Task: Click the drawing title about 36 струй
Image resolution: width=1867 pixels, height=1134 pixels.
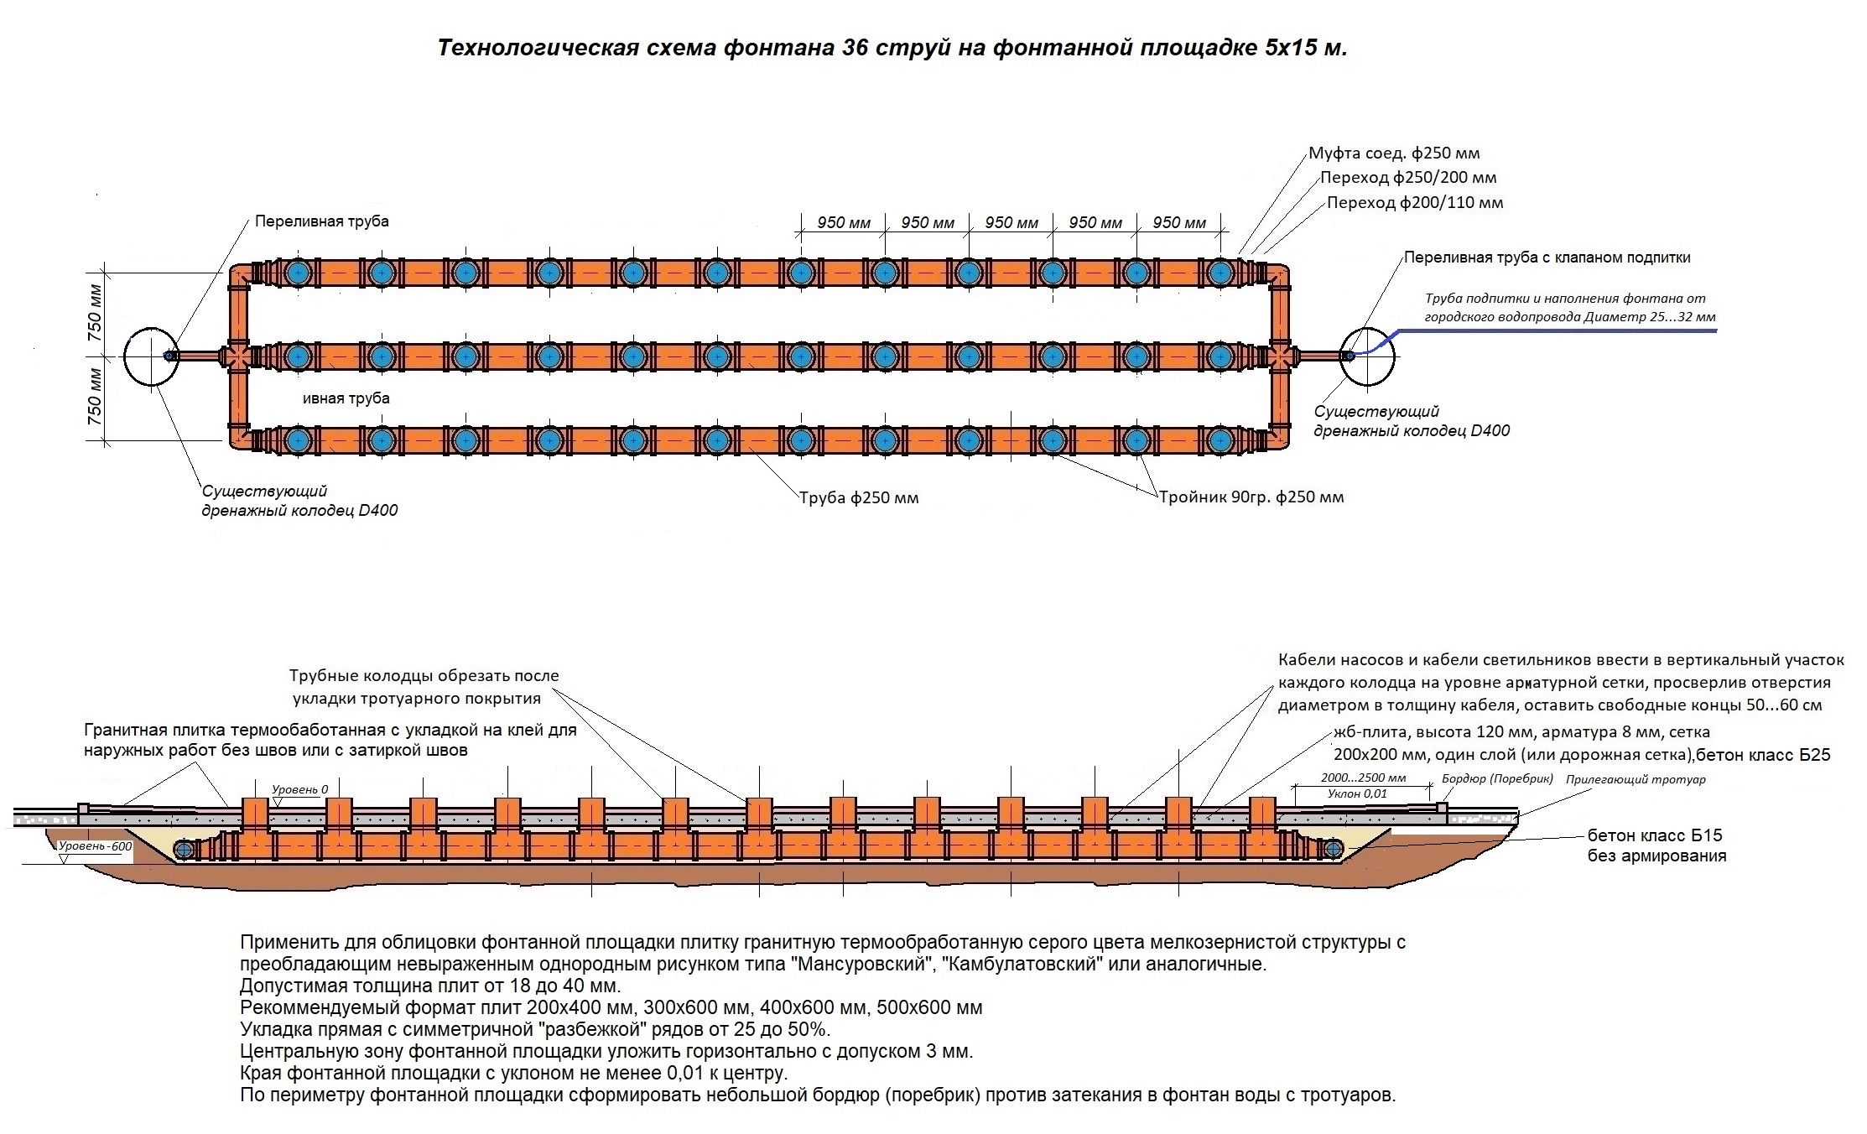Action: (x=892, y=48)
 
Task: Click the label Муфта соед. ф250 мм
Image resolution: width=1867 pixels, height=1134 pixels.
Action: (x=1394, y=153)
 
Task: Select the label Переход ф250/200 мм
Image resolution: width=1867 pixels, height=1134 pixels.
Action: (x=1408, y=178)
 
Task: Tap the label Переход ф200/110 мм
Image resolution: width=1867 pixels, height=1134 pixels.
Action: (x=1415, y=203)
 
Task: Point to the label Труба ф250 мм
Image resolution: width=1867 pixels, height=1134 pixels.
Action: (x=859, y=498)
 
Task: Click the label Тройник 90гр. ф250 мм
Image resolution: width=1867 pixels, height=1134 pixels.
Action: (x=1251, y=497)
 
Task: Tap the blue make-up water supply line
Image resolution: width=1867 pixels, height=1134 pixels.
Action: (x=1543, y=330)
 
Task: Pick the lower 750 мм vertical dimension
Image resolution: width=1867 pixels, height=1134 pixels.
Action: (x=95, y=396)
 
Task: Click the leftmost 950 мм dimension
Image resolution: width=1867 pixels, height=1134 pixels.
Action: (x=844, y=223)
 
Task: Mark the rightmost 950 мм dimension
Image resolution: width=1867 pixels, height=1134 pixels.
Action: (x=1179, y=223)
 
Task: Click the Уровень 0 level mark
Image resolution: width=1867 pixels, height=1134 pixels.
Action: (x=299, y=790)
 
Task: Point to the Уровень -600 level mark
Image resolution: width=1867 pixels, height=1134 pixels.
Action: (x=96, y=847)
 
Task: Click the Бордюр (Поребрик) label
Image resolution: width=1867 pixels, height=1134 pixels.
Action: (x=1498, y=779)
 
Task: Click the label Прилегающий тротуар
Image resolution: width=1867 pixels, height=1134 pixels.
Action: (x=1636, y=780)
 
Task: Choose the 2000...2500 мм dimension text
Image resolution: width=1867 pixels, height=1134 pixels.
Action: (x=1363, y=778)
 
